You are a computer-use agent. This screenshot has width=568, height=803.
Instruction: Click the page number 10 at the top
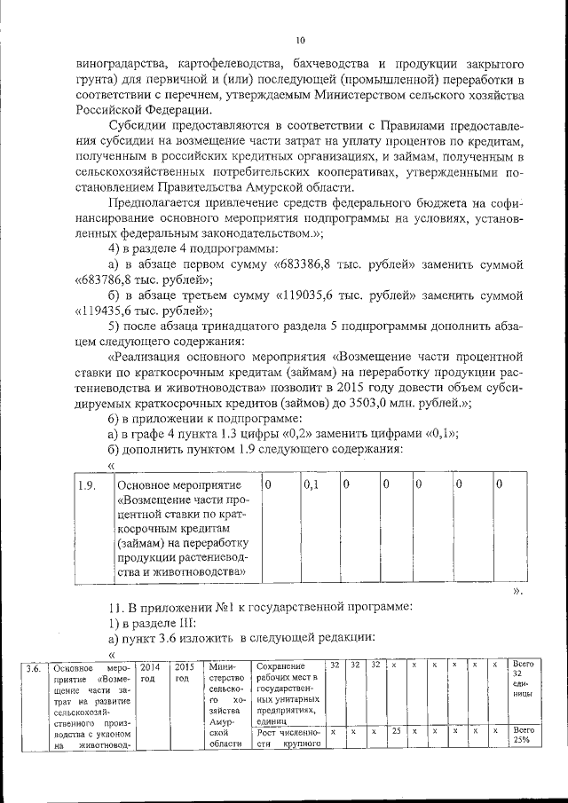tap(300, 40)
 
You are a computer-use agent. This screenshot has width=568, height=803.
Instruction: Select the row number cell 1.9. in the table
tap(87, 485)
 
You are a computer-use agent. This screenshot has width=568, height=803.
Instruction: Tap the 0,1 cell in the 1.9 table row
tap(311, 485)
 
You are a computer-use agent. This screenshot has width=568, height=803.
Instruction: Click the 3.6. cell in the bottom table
tap(33, 668)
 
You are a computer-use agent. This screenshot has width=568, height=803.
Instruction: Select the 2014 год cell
tap(150, 673)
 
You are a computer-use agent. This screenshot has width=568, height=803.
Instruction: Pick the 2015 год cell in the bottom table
tap(184, 673)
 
